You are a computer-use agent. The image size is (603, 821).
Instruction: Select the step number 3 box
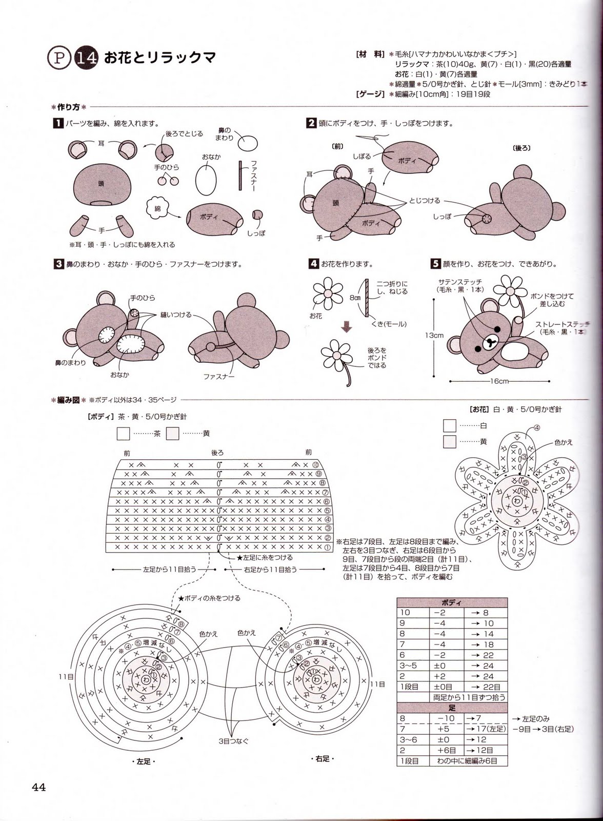(x=58, y=264)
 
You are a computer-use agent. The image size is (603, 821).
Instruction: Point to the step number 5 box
(x=435, y=264)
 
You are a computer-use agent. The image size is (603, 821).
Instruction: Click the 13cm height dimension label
(x=434, y=336)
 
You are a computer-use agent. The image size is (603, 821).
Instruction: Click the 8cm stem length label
(x=355, y=298)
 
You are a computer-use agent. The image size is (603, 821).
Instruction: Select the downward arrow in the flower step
(x=347, y=326)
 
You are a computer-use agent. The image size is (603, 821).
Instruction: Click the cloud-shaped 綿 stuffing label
(x=157, y=208)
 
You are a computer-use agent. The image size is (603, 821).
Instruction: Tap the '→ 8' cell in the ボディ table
(x=485, y=612)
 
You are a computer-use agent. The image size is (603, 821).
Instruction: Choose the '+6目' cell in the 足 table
(x=443, y=750)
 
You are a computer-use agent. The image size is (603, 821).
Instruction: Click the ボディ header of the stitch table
(x=452, y=602)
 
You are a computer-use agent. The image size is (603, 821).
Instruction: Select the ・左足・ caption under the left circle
(x=144, y=761)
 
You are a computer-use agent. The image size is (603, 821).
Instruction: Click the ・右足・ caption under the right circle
(x=323, y=758)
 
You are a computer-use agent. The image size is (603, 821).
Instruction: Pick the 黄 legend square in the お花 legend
(x=450, y=441)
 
